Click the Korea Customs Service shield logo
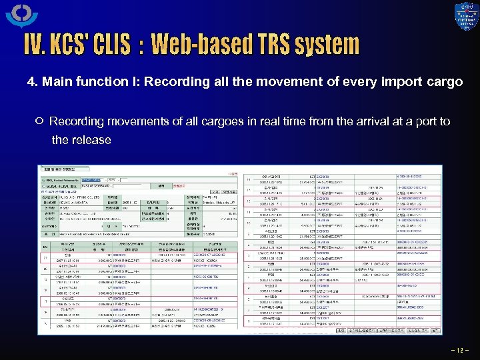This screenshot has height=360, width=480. (x=466, y=17)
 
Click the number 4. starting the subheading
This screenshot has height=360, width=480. (x=31, y=82)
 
